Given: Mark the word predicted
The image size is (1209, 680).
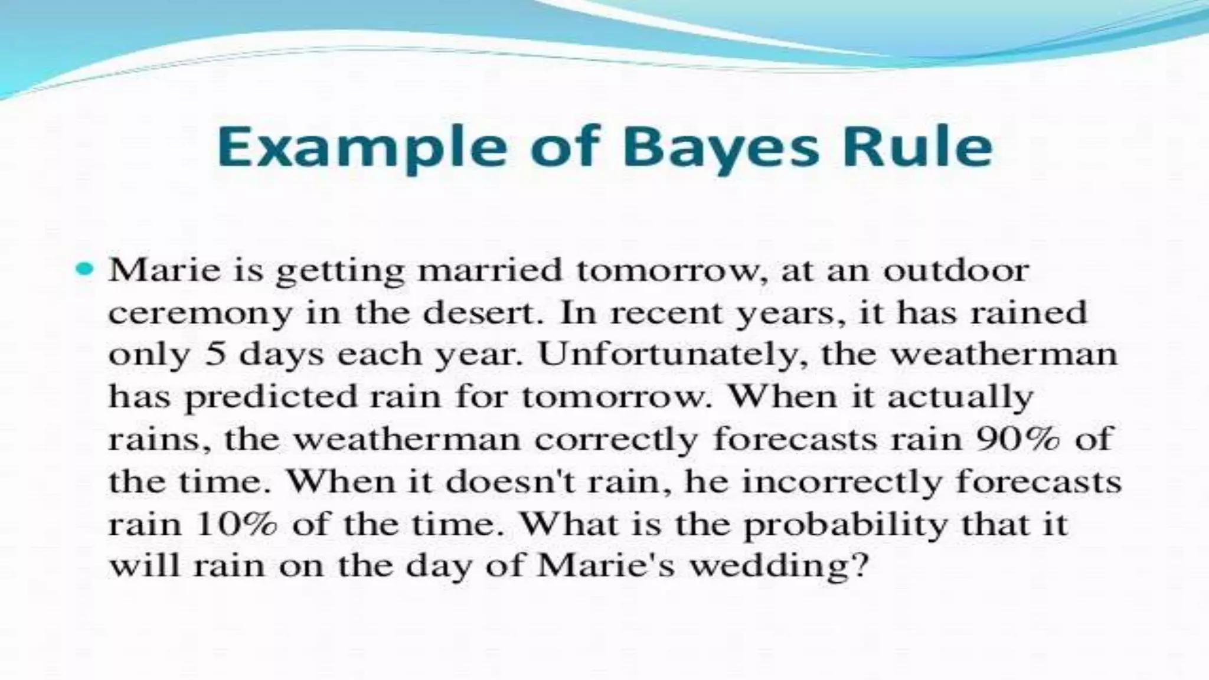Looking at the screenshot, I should [x=271, y=397].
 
